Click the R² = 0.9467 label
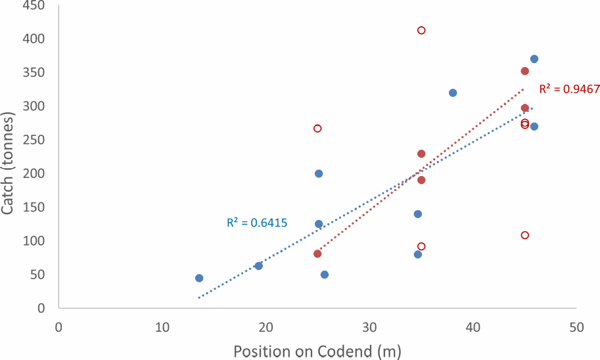pos(569,89)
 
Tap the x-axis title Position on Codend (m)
pos(317,350)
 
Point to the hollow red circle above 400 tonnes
pos(421,30)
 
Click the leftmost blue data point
pos(199,278)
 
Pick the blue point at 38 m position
pos(453,93)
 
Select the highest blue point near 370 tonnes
pos(534,59)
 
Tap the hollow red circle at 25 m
pos(317,128)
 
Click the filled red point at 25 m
pos(317,254)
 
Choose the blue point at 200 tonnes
pos(319,173)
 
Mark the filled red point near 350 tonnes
pos(525,71)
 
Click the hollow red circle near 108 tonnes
pos(525,235)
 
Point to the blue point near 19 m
pos(259,265)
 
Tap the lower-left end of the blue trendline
pos(199,298)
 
